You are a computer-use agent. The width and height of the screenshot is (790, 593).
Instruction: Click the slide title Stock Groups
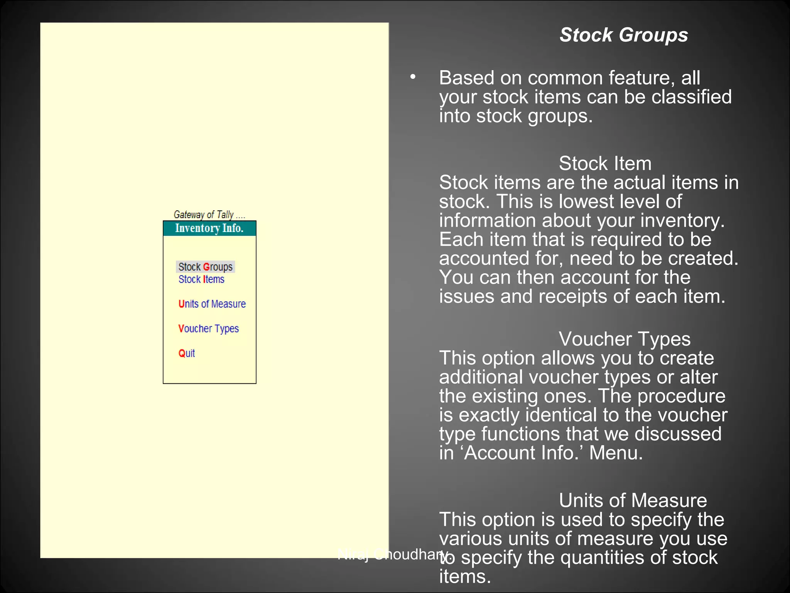point(623,35)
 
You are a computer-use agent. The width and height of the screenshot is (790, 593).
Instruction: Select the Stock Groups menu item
point(205,267)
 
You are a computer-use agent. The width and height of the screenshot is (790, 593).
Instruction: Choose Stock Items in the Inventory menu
point(201,279)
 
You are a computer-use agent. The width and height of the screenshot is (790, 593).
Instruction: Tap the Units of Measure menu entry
point(212,304)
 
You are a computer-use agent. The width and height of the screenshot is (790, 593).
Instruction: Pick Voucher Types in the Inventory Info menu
point(208,329)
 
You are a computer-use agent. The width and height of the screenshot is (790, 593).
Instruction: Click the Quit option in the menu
point(186,353)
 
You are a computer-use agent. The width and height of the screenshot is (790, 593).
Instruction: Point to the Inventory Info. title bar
point(209,228)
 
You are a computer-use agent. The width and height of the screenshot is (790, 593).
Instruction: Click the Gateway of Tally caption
point(209,215)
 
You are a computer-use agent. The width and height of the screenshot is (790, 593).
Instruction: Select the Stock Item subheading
point(605,163)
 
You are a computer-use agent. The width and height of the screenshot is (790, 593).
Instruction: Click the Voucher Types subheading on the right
point(625,339)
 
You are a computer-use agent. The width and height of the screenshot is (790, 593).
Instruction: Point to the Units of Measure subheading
point(633,500)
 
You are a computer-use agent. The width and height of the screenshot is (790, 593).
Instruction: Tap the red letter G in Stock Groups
point(206,267)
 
